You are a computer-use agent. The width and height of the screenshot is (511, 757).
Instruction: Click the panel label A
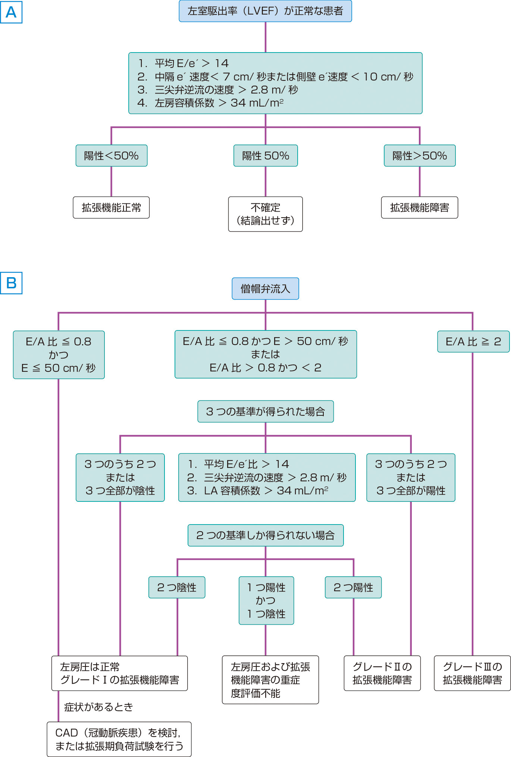pos(11,12)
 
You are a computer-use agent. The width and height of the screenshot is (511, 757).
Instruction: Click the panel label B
pos(11,283)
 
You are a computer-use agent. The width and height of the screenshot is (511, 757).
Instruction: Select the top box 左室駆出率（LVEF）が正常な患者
pos(265,11)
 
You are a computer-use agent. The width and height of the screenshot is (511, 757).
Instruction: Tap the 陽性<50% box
pos(111,156)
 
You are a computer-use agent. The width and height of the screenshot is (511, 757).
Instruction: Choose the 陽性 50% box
pos(265,156)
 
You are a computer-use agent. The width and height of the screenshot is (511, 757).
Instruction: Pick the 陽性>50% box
pos(420,156)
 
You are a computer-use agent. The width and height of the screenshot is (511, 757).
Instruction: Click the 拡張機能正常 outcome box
pos(111,208)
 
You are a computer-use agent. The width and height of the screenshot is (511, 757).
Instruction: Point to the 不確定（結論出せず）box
pos(265,214)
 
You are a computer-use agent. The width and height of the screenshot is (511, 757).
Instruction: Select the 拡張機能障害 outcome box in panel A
pos(420,208)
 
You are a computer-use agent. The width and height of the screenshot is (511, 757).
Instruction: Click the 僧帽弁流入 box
pos(265,289)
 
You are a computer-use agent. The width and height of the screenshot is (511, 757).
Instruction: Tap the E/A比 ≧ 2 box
pos(473,342)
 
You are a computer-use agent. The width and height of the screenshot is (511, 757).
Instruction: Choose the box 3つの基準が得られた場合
pos(265,412)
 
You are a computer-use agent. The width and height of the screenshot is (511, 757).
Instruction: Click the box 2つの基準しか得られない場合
pos(265,535)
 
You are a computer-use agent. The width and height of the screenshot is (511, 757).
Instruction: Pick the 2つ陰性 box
pos(177,587)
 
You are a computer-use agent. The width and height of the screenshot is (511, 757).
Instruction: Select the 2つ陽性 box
pos(353,587)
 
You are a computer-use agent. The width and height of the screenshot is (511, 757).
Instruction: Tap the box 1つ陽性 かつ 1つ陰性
pos(266,601)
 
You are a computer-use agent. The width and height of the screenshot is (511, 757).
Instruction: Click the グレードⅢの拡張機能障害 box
pos(472,673)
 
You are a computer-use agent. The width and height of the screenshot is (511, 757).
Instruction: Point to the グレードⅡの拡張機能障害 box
pos(382,673)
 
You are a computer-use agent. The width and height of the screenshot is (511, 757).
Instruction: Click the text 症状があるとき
pos(98,707)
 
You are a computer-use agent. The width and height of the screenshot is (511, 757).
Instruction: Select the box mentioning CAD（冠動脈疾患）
pos(119,739)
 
